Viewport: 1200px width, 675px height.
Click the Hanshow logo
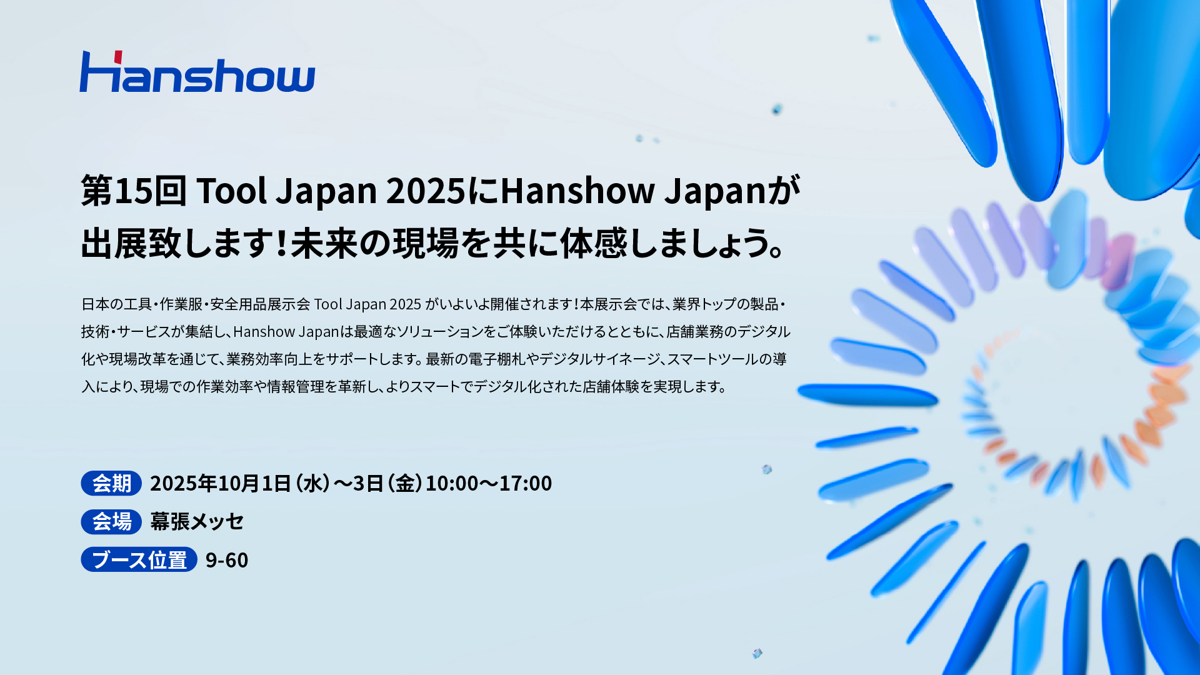(x=197, y=72)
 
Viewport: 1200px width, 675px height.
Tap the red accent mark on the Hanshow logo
(x=117, y=56)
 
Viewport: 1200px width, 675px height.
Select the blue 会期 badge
(x=111, y=483)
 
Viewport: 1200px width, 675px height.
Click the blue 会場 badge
(x=111, y=521)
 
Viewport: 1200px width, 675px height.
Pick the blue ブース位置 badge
(x=139, y=559)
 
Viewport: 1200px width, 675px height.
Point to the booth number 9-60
(x=227, y=560)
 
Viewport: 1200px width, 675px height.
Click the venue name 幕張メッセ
(x=197, y=521)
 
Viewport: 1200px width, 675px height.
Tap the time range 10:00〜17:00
(x=489, y=483)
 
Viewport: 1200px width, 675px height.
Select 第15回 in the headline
(x=134, y=191)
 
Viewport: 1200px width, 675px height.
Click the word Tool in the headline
(x=231, y=191)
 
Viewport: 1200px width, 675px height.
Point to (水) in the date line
(x=312, y=483)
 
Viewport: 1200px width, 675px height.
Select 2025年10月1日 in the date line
(x=221, y=483)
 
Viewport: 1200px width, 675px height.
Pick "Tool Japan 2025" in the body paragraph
(x=367, y=304)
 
